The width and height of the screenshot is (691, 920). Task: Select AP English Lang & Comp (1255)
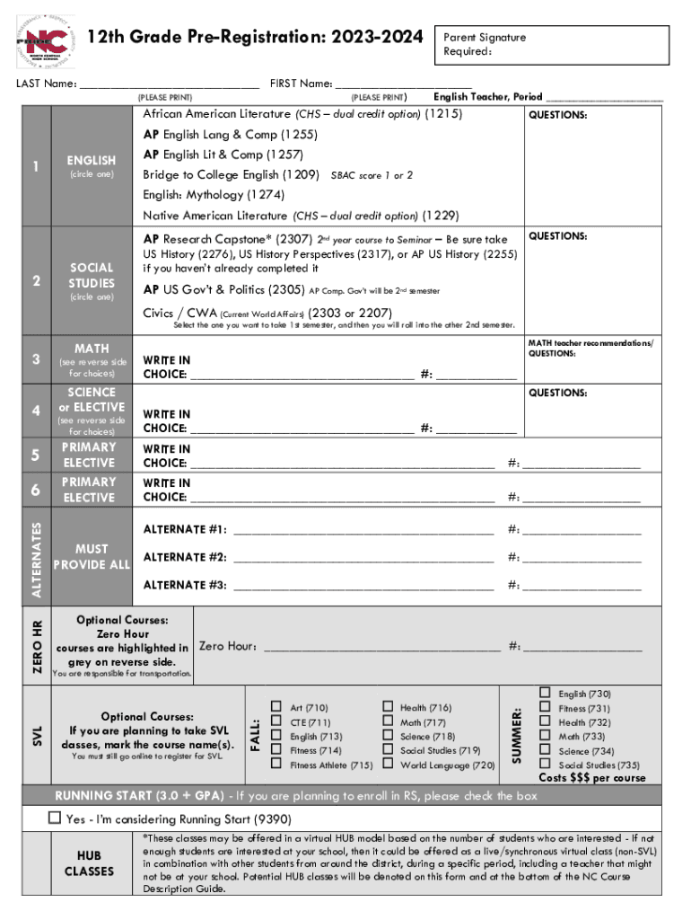point(216,135)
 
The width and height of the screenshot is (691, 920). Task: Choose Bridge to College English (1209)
point(231,174)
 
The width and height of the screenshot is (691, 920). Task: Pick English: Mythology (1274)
point(214,195)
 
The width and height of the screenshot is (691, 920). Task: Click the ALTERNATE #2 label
point(185,558)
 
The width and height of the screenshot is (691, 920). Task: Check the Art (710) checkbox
point(277,708)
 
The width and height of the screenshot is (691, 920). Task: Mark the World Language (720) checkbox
point(388,765)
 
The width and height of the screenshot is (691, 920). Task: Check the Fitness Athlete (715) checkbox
point(277,765)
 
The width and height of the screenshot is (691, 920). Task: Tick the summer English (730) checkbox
point(545,694)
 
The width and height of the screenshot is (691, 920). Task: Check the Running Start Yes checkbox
point(55,818)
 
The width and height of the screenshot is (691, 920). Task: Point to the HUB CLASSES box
point(90,863)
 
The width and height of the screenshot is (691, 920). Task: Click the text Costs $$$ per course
point(591,778)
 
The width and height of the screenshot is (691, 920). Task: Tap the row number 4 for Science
point(35,411)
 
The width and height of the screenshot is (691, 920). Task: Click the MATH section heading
point(92,349)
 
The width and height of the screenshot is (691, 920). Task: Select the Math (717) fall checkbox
point(388,722)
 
